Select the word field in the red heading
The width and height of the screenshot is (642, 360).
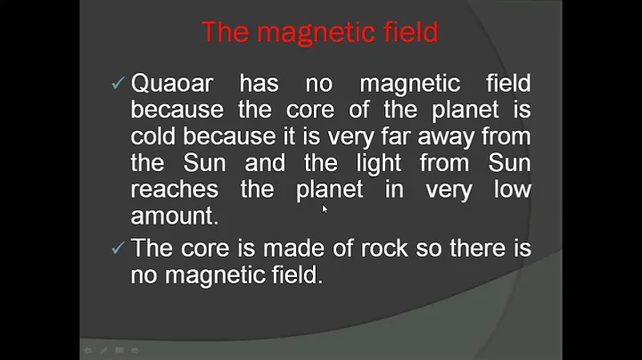pos(409,32)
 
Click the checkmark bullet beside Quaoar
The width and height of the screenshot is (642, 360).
pos(117,85)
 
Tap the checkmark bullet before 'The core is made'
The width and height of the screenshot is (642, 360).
pos(117,249)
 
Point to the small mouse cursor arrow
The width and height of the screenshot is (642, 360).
pos(325,209)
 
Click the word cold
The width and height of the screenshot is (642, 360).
pos(154,137)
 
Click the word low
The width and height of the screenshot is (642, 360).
pos(512,190)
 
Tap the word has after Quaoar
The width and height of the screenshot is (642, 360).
pos(259,85)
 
